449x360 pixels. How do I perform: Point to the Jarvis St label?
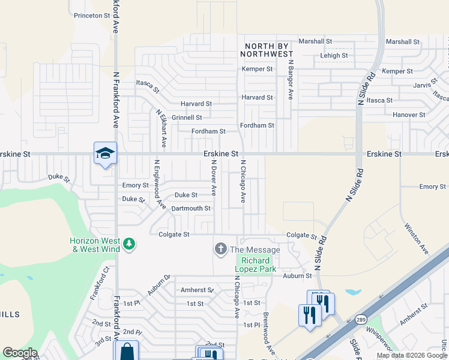[x=425, y=85]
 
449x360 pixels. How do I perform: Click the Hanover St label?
[x=409, y=115]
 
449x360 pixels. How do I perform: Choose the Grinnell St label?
[x=187, y=118]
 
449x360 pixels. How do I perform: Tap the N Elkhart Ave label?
[x=161, y=128]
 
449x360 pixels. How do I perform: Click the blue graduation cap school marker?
[x=105, y=154]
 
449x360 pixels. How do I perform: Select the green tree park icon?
[x=129, y=244]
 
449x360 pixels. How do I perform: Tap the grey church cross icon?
[x=220, y=248]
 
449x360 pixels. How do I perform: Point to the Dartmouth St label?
[x=191, y=208]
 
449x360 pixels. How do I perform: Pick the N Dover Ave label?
[x=212, y=177]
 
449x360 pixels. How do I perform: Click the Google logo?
[x=20, y=353]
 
